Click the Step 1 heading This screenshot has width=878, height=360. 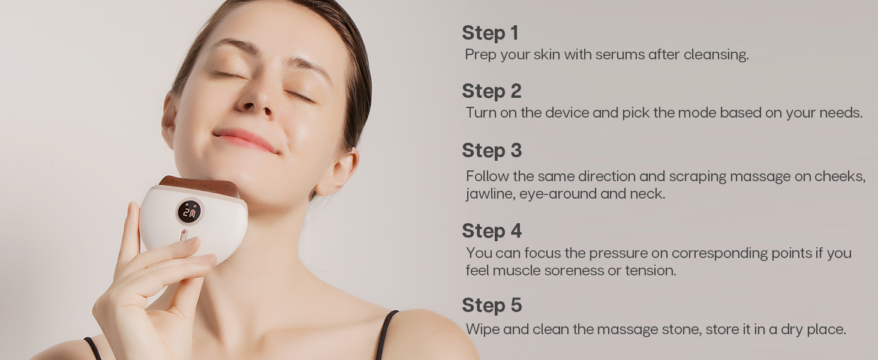pyautogui.click(x=490, y=33)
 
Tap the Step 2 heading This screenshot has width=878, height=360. pyautogui.click(x=491, y=91)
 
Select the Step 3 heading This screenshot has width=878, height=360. pyautogui.click(x=491, y=150)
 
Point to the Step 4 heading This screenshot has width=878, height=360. pyautogui.click(x=491, y=231)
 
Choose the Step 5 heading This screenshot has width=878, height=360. pyautogui.click(x=491, y=305)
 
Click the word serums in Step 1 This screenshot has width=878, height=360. pyautogui.click(x=620, y=55)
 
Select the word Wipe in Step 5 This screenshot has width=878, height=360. pyautogui.click(x=482, y=329)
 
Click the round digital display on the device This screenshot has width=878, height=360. pyautogui.click(x=190, y=211)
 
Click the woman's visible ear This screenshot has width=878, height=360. pyautogui.click(x=339, y=172)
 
